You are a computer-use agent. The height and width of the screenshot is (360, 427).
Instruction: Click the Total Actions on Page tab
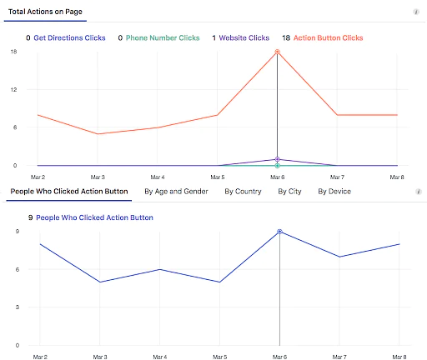pyautogui.click(x=47, y=12)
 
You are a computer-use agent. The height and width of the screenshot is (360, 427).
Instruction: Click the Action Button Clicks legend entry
pyautogui.click(x=328, y=38)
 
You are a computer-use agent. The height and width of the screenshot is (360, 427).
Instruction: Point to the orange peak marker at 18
pyautogui.click(x=277, y=52)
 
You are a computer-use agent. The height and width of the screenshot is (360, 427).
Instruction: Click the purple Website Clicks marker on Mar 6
pyautogui.click(x=277, y=159)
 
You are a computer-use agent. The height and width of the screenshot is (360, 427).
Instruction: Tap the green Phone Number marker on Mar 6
pyautogui.click(x=277, y=166)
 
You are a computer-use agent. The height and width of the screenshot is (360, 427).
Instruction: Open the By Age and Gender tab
pyautogui.click(x=176, y=192)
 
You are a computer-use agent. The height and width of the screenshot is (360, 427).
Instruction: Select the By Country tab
pyautogui.click(x=243, y=192)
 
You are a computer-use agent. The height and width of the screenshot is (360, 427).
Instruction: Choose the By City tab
pyautogui.click(x=289, y=192)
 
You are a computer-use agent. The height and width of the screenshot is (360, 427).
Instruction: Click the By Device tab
pyautogui.click(x=334, y=192)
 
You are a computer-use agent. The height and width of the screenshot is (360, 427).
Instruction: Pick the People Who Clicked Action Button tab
pyautogui.click(x=68, y=192)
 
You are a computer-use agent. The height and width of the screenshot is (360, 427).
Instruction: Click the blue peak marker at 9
pyautogui.click(x=279, y=232)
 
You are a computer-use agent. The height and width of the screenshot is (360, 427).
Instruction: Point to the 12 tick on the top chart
pyautogui.click(x=13, y=90)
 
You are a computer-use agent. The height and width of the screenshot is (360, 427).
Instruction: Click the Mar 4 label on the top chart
pyautogui.click(x=157, y=177)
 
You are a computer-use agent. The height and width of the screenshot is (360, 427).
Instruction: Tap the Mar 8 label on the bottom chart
pyautogui.click(x=399, y=357)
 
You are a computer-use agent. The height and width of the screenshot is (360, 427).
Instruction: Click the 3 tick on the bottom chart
pyautogui.click(x=17, y=307)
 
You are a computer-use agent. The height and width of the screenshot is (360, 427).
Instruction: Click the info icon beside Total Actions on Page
pyautogui.click(x=416, y=12)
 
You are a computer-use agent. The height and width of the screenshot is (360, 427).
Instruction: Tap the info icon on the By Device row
pyautogui.click(x=418, y=192)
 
